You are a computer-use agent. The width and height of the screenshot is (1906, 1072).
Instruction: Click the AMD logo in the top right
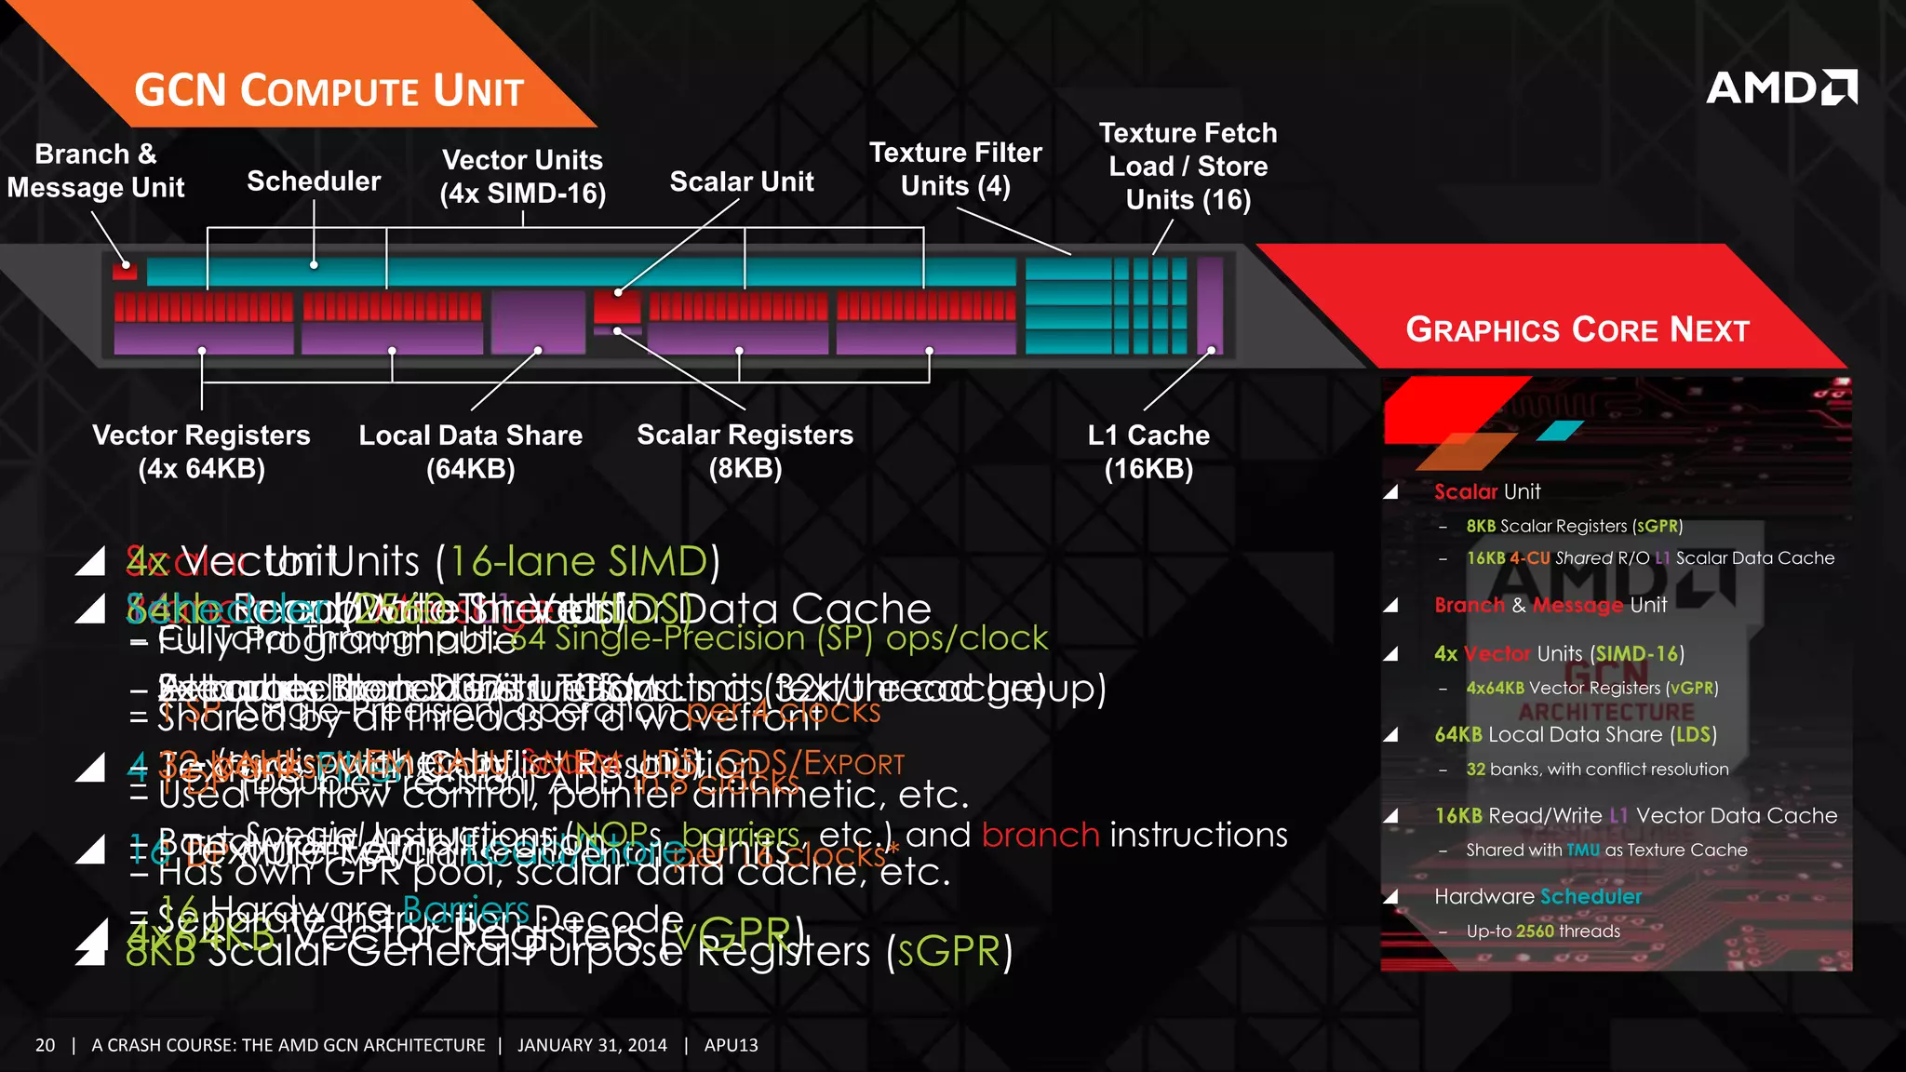pyautogui.click(x=1781, y=87)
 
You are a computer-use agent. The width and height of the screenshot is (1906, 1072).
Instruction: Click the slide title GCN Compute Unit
pyautogui.click(x=329, y=91)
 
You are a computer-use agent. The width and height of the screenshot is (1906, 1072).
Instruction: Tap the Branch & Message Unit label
pyautogui.click(x=96, y=170)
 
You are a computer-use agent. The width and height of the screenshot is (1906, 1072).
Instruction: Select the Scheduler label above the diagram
pyautogui.click(x=314, y=181)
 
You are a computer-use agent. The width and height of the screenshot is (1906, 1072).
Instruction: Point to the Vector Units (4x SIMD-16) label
pyautogui.click(x=522, y=176)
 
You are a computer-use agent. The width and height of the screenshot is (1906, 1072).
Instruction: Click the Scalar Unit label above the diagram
pyautogui.click(x=742, y=181)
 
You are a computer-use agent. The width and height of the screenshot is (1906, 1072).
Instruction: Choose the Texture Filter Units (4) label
pyautogui.click(x=955, y=168)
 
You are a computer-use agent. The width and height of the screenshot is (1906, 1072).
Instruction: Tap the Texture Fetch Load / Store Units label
pyautogui.click(x=1188, y=166)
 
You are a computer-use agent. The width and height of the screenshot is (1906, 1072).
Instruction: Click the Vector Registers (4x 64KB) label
pyautogui.click(x=201, y=451)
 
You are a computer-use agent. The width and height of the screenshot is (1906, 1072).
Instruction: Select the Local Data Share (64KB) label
pyautogui.click(x=471, y=451)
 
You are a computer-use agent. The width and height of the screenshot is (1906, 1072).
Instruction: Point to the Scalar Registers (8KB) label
pyautogui.click(x=745, y=450)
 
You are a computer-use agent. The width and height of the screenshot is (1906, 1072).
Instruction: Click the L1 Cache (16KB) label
pyautogui.click(x=1148, y=451)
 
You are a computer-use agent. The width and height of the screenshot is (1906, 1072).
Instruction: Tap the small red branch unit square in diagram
pyautogui.click(x=125, y=271)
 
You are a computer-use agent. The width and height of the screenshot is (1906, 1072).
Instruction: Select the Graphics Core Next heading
pyautogui.click(x=1577, y=329)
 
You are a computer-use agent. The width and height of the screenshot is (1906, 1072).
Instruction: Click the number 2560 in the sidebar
pyautogui.click(x=1535, y=931)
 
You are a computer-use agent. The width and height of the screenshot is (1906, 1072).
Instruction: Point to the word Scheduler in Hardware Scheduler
pyautogui.click(x=1591, y=896)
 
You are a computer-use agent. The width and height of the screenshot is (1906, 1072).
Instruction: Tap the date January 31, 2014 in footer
pyautogui.click(x=592, y=1045)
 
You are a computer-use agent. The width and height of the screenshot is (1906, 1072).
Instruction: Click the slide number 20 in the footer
pyautogui.click(x=46, y=1045)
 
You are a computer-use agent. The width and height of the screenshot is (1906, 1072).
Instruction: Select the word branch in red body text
pyautogui.click(x=1040, y=835)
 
